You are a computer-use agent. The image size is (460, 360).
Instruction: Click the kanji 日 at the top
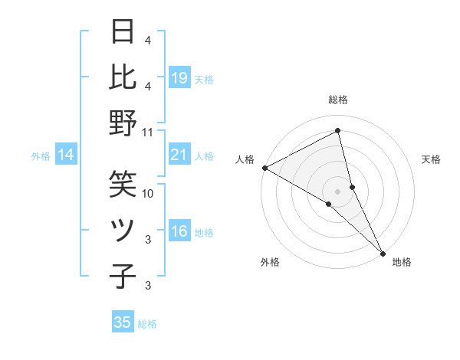pos(123,32)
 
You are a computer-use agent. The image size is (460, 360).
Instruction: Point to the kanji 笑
pos(123,184)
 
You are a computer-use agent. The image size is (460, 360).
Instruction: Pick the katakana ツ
pos(123,231)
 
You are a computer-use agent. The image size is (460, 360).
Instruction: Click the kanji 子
pos(123,277)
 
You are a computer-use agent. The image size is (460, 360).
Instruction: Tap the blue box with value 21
pos(179,155)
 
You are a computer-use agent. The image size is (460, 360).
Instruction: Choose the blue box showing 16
pos(179,231)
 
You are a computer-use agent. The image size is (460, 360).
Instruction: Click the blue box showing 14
pos(66,155)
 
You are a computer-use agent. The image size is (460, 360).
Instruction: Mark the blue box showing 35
pos(123,322)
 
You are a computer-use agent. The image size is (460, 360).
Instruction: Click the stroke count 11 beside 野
pos(148,133)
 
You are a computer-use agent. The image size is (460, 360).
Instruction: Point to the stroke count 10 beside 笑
pos(148,194)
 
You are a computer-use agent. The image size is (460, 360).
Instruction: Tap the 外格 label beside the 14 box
pos(41,156)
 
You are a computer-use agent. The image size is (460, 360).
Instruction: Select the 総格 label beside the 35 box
pos(148,323)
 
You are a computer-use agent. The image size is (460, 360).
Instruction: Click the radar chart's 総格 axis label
pos(338,100)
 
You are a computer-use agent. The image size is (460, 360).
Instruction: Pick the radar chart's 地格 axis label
pos(402,262)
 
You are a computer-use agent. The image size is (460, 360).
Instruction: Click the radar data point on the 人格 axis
pos(264,168)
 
